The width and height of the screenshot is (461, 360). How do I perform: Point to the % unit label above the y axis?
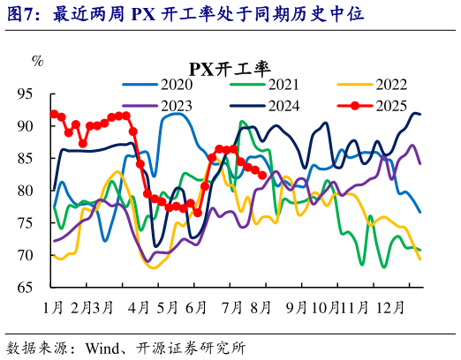point(37,61)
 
